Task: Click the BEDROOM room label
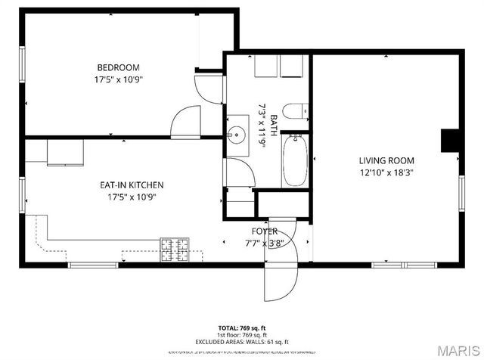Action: pos(118,67)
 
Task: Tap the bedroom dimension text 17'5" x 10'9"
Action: pos(118,79)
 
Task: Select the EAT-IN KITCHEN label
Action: pos(132,185)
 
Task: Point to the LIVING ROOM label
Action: pos(386,160)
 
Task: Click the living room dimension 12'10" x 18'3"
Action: pos(386,172)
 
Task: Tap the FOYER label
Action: pos(264,231)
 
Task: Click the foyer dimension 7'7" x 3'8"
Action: pos(264,243)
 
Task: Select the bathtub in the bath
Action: pos(295,160)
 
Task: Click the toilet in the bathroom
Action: pos(297,110)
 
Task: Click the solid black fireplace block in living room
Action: pos(451,141)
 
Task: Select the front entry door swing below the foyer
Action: pos(276,284)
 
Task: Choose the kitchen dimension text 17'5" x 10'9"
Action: pos(132,197)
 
